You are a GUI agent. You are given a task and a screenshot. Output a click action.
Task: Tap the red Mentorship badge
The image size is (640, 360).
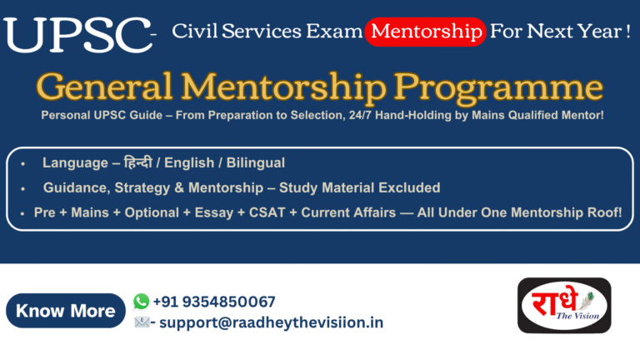426,32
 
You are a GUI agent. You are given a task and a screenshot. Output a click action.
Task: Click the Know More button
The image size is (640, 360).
66,311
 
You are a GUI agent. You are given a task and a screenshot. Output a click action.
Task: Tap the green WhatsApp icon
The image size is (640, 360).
141,301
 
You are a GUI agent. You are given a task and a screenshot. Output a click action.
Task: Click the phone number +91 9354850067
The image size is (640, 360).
214,302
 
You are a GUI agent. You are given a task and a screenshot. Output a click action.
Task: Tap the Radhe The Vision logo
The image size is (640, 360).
564,310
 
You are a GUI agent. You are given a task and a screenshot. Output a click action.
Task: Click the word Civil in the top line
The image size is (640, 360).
192,32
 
